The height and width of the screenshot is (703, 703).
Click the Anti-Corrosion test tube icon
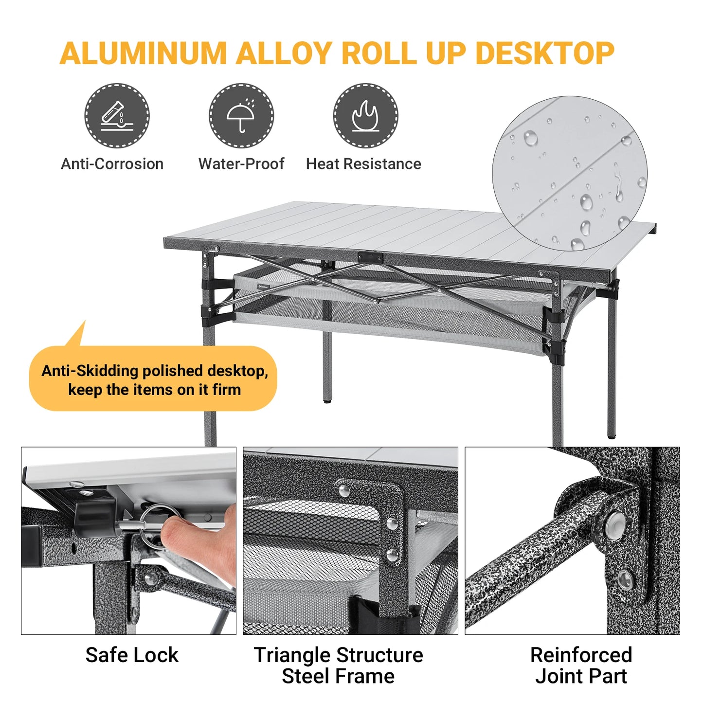tap(117, 116)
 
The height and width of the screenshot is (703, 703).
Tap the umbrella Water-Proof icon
tap(241, 116)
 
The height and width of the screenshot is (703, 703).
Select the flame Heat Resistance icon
tap(365, 116)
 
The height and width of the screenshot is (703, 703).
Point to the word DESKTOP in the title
tap(544, 53)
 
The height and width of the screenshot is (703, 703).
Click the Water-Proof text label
tap(241, 164)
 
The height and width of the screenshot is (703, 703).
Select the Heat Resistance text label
tap(363, 164)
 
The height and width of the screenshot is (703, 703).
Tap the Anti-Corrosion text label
tap(112, 164)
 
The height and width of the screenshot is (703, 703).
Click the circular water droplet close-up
tap(570, 173)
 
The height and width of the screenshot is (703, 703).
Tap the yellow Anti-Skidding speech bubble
tap(154, 379)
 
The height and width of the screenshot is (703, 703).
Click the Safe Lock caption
tap(132, 655)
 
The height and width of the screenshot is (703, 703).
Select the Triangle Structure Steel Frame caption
tap(338, 666)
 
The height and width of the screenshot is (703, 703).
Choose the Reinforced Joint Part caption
tap(581, 666)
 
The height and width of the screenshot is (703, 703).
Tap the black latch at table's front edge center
tap(370, 257)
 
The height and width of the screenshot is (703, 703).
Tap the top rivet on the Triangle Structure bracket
tap(344, 490)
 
